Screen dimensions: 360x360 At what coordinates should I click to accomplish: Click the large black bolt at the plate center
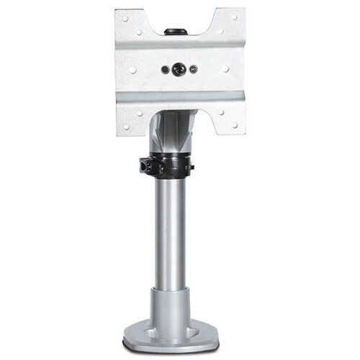176,70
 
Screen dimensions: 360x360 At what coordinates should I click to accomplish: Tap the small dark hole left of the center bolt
166,70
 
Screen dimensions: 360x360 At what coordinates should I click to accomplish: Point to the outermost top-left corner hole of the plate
125,17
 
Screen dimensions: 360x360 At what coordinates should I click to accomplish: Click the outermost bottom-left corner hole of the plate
125,127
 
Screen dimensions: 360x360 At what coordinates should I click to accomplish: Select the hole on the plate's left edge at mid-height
132,70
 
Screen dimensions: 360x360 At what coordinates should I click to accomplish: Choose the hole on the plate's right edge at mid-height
226,70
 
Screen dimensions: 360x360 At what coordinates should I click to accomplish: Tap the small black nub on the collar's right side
192,167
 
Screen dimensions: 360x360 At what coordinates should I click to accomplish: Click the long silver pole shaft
171,230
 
